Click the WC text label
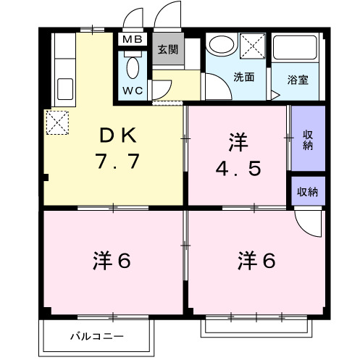[x=133, y=91]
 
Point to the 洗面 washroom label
[x=243, y=78]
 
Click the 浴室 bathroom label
[x=298, y=79]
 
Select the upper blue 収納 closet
[x=308, y=138]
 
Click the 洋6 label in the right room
[x=256, y=261]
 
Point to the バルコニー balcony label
[x=97, y=336]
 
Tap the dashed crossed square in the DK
[x=56, y=121]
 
